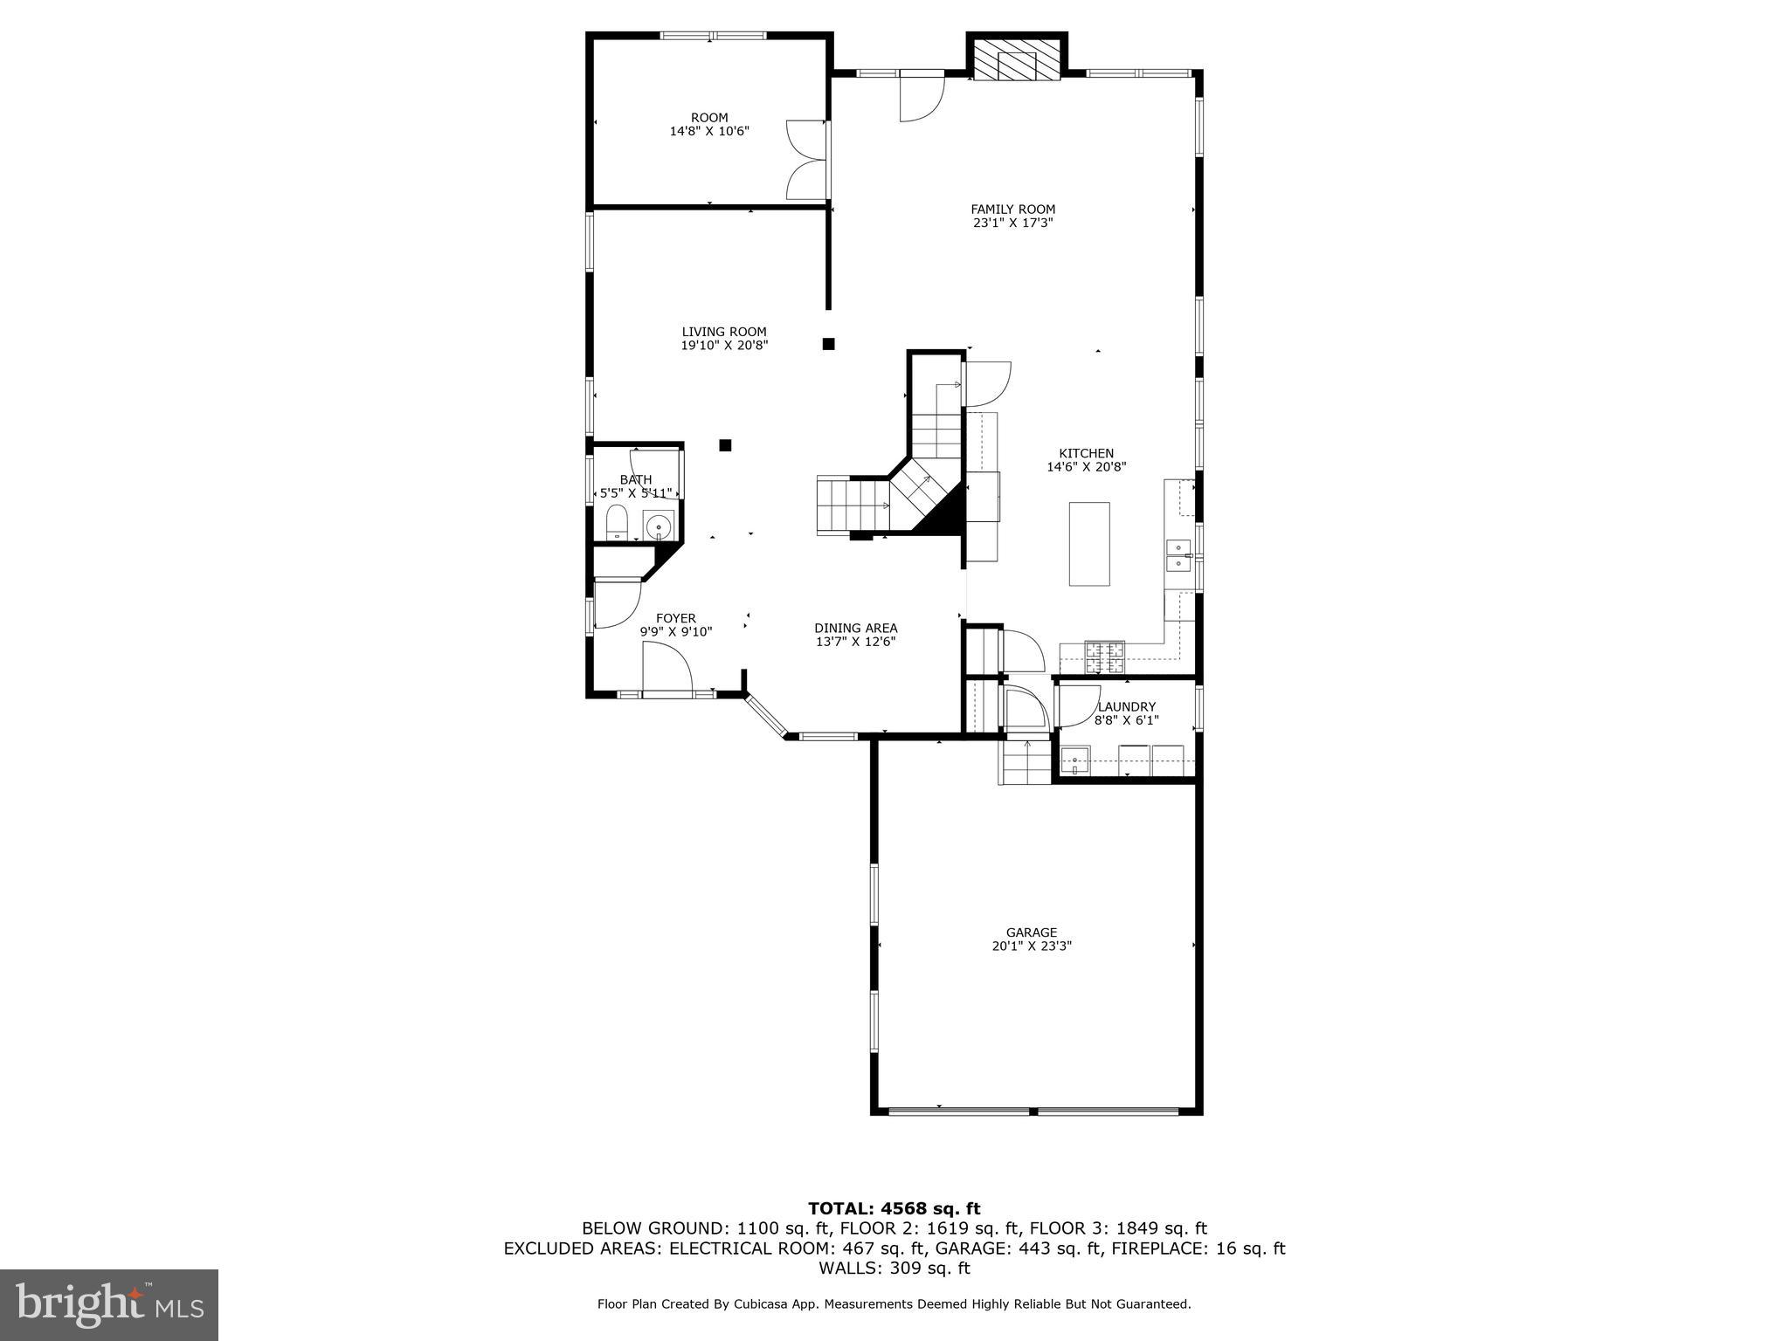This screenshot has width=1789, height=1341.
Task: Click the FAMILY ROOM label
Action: coord(1012,210)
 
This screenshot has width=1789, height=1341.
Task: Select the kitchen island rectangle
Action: coord(1089,544)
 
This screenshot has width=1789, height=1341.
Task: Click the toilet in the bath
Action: coord(617,523)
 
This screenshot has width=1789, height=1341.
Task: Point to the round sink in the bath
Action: coord(658,526)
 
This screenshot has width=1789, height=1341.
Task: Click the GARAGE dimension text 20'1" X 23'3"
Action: coord(1031,946)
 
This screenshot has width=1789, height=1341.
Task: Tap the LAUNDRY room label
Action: coord(1126,707)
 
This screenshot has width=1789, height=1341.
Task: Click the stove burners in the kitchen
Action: coord(1104,657)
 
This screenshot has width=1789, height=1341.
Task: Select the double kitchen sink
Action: coord(1178,555)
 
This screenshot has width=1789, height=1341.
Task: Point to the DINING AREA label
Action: coord(855,628)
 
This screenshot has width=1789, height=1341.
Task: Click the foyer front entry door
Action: coord(667,670)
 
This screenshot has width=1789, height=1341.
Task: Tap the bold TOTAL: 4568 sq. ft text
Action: coord(894,1208)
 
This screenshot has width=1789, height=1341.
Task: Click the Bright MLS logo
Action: coord(109,1304)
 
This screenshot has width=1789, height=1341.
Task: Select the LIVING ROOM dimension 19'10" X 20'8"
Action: coord(724,345)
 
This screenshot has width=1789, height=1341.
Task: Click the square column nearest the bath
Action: coord(725,445)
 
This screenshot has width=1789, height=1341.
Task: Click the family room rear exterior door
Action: coord(922,96)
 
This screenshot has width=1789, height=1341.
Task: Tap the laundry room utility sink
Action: coord(1074,760)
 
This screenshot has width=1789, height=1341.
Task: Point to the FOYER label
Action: coord(675,619)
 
